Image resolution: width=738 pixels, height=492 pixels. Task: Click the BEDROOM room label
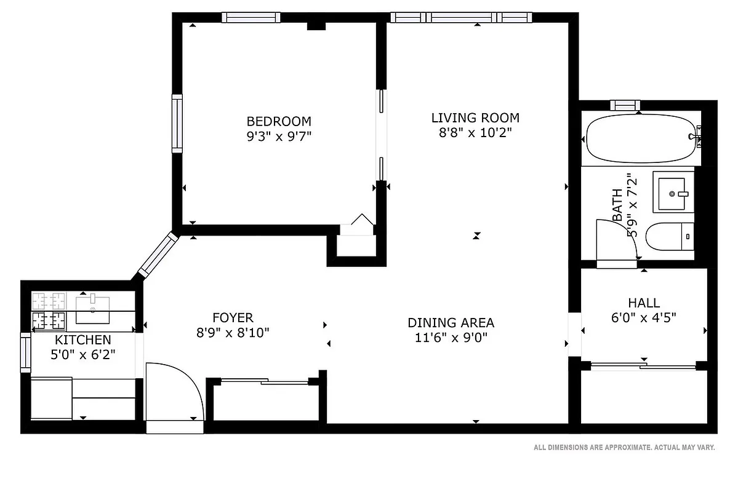pos(279,121)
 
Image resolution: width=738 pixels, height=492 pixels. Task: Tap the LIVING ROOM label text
pos(475,117)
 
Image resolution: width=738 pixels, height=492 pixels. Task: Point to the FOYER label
pos(233,318)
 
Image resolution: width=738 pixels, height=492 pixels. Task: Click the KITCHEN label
pos(83,340)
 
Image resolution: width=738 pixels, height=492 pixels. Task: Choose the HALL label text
pos(644,303)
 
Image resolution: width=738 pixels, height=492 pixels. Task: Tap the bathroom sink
pos(675,193)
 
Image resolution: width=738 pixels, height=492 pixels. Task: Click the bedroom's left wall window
pos(177,124)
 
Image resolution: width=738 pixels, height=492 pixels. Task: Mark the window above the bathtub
pos(625,105)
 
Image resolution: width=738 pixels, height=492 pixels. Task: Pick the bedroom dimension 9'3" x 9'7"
pos(279,136)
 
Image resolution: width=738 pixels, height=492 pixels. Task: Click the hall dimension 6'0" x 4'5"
pos(644,318)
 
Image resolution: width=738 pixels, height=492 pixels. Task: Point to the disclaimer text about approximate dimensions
pos(624,448)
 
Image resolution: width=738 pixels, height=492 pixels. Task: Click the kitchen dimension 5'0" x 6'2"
pos(83,354)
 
